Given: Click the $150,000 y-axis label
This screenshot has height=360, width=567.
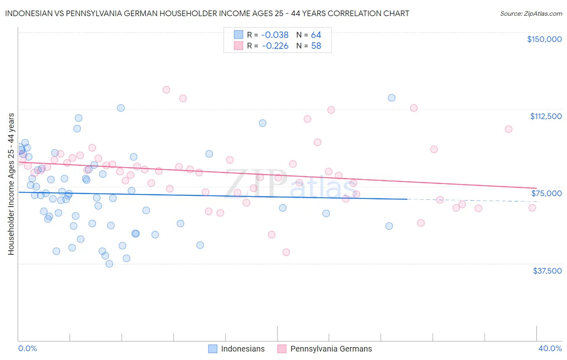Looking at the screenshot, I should point(544,39).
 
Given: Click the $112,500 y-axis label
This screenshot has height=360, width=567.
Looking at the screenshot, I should point(546,116).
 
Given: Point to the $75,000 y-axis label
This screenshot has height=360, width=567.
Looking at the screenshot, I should point(546,193).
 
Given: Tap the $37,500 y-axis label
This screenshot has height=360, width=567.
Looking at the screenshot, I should point(547,271).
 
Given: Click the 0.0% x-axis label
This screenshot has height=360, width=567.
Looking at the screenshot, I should point(27,349).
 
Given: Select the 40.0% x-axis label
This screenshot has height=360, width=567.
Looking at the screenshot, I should point(550,349).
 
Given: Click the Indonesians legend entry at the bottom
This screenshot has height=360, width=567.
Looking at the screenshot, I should point(243,349).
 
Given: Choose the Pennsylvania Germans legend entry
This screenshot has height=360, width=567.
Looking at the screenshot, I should point(331,349).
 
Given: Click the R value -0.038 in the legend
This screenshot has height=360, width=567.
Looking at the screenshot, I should point(275,35).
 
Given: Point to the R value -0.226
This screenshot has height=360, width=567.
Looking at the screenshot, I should point(275,46).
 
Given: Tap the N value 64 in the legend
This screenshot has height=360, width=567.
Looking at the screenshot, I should point(316,35).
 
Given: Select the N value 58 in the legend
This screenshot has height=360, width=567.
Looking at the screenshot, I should point(316,46).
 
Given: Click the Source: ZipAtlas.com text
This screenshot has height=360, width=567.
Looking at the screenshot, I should point(531,14).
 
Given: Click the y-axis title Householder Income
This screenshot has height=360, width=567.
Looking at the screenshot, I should point(11,184).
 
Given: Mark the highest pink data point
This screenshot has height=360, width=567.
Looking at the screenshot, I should point(166,90).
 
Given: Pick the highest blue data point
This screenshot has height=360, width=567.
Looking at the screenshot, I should point(392,98).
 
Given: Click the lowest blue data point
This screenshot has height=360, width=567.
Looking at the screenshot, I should point(109,264).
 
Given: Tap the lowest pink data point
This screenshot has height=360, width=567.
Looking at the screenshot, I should point(286,252).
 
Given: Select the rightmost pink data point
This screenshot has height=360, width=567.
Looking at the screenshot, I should point(532,208).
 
